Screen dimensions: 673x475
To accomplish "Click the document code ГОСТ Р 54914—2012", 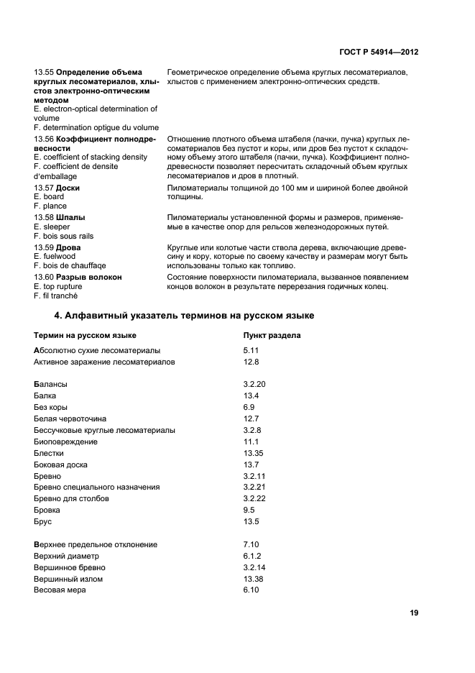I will pyautogui.click(x=378, y=52).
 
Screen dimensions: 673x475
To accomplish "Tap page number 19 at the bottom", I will pyautogui.click(x=414, y=613).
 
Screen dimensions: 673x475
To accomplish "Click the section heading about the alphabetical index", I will pyautogui.click(x=185, y=316).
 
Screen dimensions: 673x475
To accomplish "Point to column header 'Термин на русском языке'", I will pyautogui.click(x=85, y=335).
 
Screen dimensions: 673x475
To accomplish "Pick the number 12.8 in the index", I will pyautogui.click(x=251, y=362).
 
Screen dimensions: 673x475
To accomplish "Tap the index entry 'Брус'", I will pyautogui.click(x=42, y=521).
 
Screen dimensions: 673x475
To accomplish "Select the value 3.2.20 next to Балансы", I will pyautogui.click(x=254, y=384).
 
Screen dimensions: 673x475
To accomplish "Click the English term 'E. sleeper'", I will pyautogui.click(x=53, y=226).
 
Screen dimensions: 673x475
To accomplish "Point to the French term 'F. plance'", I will pyautogui.click(x=50, y=206).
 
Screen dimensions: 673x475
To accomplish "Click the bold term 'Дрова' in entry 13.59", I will pyautogui.click(x=68, y=247).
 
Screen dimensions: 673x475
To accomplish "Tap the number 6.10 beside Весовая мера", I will pyautogui.click(x=251, y=590).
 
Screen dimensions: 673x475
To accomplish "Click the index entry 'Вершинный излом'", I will pyautogui.click(x=68, y=579).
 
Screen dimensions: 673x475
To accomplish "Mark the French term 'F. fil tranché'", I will pyautogui.click(x=55, y=296).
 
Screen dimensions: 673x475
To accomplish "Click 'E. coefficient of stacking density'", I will pyautogui.click(x=91, y=157).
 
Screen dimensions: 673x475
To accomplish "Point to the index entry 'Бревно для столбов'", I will pyautogui.click(x=72, y=498).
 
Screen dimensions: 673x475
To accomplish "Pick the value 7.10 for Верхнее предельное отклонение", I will pyautogui.click(x=251, y=544).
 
